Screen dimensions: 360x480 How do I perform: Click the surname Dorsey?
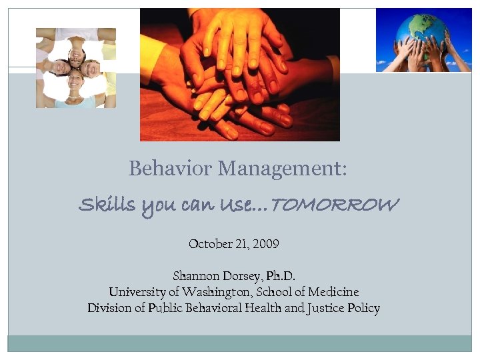point(241,275)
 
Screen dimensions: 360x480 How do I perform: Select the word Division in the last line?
point(109,308)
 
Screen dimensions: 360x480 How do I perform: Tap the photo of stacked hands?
point(239,75)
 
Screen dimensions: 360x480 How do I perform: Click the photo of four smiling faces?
point(75,67)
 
